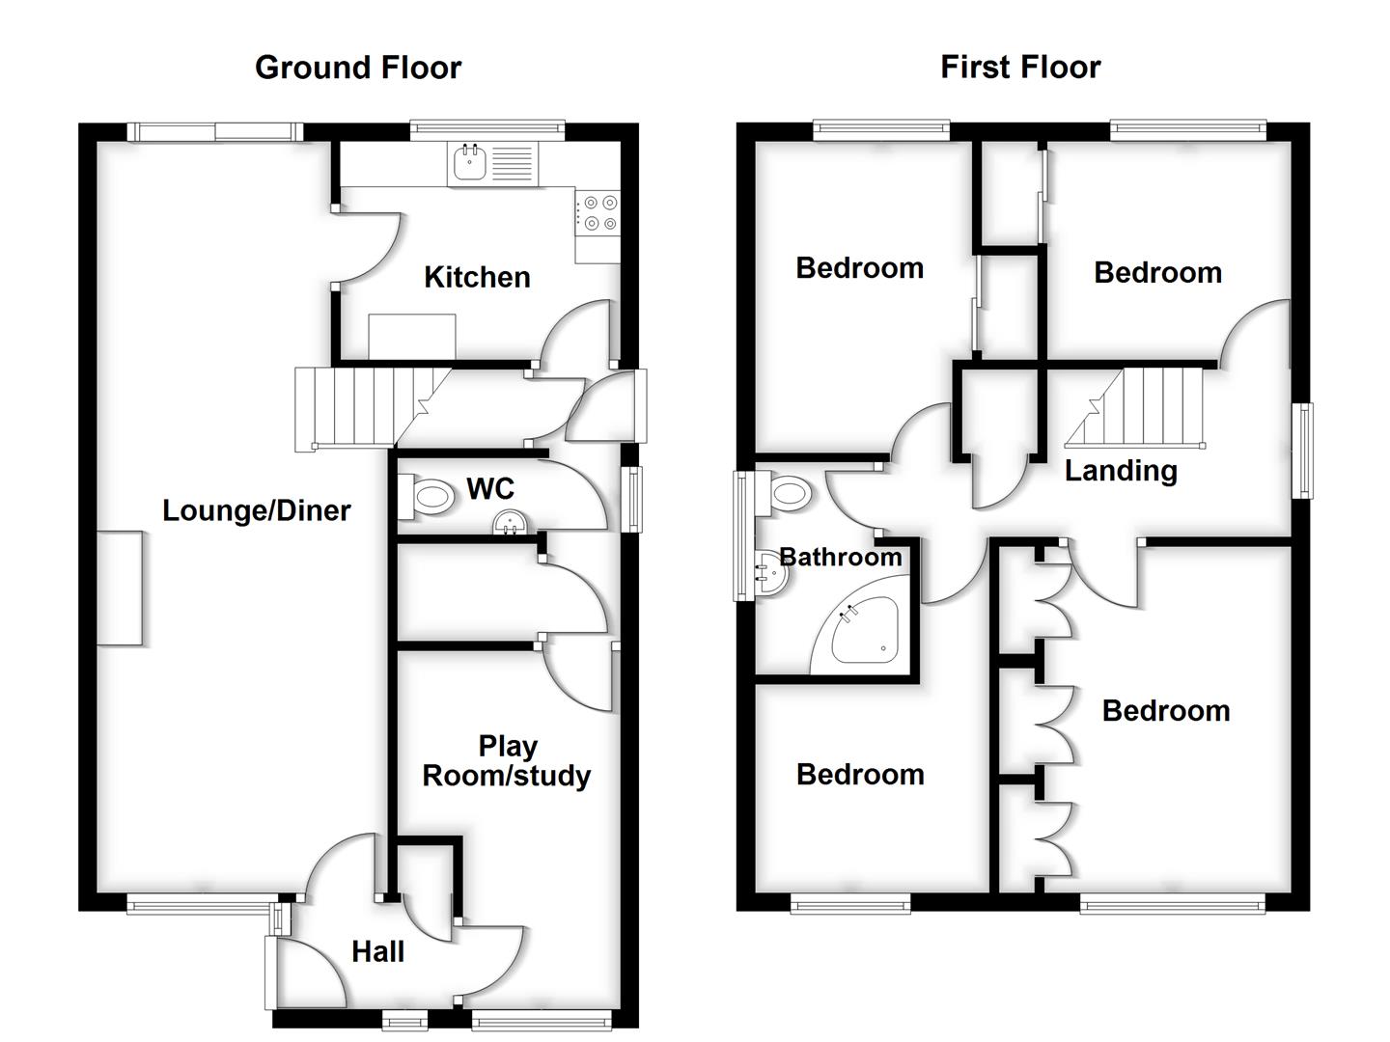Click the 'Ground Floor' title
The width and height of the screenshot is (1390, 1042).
pyautogui.click(x=358, y=68)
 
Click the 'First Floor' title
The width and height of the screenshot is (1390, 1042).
pyautogui.click(x=1020, y=68)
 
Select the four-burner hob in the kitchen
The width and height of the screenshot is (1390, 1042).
pyautogui.click(x=598, y=213)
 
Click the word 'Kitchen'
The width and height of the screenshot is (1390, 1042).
pyautogui.click(x=477, y=278)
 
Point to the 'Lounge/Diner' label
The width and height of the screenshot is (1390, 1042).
pyautogui.click(x=256, y=510)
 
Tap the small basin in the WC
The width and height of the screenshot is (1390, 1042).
pyautogui.click(x=510, y=523)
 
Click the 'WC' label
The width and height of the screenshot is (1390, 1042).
pyautogui.click(x=490, y=489)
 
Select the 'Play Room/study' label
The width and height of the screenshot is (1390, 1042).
pyautogui.click(x=507, y=760)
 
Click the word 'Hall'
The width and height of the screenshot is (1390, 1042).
pyautogui.click(x=377, y=952)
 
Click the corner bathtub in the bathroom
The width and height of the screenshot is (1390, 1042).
pyautogui.click(x=864, y=632)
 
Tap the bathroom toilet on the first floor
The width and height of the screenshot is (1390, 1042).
pyautogui.click(x=787, y=495)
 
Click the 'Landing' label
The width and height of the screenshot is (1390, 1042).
pyautogui.click(x=1121, y=471)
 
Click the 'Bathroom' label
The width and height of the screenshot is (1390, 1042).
pyautogui.click(x=840, y=557)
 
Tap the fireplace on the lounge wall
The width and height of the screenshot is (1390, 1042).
pyautogui.click(x=121, y=588)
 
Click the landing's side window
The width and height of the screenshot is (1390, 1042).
pyautogui.click(x=1303, y=451)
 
